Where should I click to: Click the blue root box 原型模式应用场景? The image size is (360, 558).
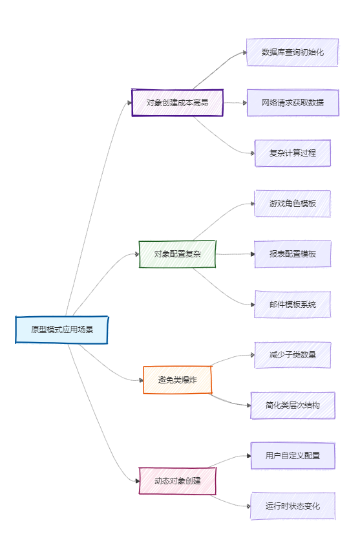pyautogui.click(x=61, y=330)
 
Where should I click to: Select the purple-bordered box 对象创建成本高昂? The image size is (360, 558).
pyautogui.click(x=177, y=103)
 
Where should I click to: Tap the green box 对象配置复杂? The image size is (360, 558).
pyautogui.click(x=177, y=254)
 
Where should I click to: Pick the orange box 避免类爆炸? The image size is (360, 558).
pyautogui.click(x=177, y=380)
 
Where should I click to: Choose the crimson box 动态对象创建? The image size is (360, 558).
pyautogui.click(x=177, y=481)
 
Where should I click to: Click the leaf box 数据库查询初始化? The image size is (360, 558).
pyautogui.click(x=292, y=52)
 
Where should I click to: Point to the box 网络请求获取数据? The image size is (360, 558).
pyautogui.click(x=292, y=103)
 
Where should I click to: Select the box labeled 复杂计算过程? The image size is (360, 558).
pyautogui.click(x=292, y=153)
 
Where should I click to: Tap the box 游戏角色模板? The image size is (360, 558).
pyautogui.click(x=292, y=204)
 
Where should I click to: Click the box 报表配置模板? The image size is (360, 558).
pyautogui.click(x=292, y=254)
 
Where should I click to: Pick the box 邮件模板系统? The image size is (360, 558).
pyautogui.click(x=292, y=305)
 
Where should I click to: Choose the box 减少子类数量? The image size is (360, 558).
pyautogui.click(x=292, y=355)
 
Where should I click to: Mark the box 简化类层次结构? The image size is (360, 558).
pyautogui.click(x=292, y=405)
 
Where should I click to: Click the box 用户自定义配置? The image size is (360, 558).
pyautogui.click(x=292, y=455)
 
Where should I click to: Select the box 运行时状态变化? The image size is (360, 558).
pyautogui.click(x=292, y=506)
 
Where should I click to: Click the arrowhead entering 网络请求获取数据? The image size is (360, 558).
pyautogui.click(x=245, y=103)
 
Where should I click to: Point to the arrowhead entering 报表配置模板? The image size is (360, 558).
pyautogui.click(x=253, y=254)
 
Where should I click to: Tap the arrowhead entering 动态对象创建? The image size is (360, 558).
pyautogui.click(x=137, y=481)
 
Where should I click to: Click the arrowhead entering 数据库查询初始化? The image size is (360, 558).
pyautogui.click(x=244, y=52)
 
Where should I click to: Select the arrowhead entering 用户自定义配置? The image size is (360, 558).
pyautogui.click(x=249, y=456)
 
